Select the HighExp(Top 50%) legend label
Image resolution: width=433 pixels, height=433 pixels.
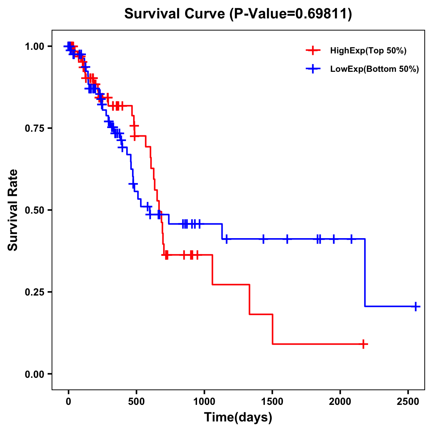tap(368, 51)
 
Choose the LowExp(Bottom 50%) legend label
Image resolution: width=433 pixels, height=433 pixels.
tap(375, 69)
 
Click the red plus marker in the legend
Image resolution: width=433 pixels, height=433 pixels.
tap(313, 51)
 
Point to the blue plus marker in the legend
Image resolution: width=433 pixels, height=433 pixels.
tap(313, 69)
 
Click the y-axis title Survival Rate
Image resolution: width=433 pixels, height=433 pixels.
tap(13, 210)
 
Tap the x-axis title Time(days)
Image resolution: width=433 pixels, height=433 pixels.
tap(238, 417)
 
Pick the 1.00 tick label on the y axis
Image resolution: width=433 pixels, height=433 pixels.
tap(35, 47)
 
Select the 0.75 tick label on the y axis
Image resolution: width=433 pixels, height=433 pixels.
tap(35, 128)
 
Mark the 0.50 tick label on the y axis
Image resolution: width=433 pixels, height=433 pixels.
tap(35, 210)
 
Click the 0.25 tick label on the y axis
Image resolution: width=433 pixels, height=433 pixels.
tap(35, 292)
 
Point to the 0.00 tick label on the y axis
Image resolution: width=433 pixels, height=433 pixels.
tap(35, 374)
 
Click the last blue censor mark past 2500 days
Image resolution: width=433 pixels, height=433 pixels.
tap(416, 306)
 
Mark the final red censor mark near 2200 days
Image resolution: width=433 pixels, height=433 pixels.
tap(364, 344)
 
